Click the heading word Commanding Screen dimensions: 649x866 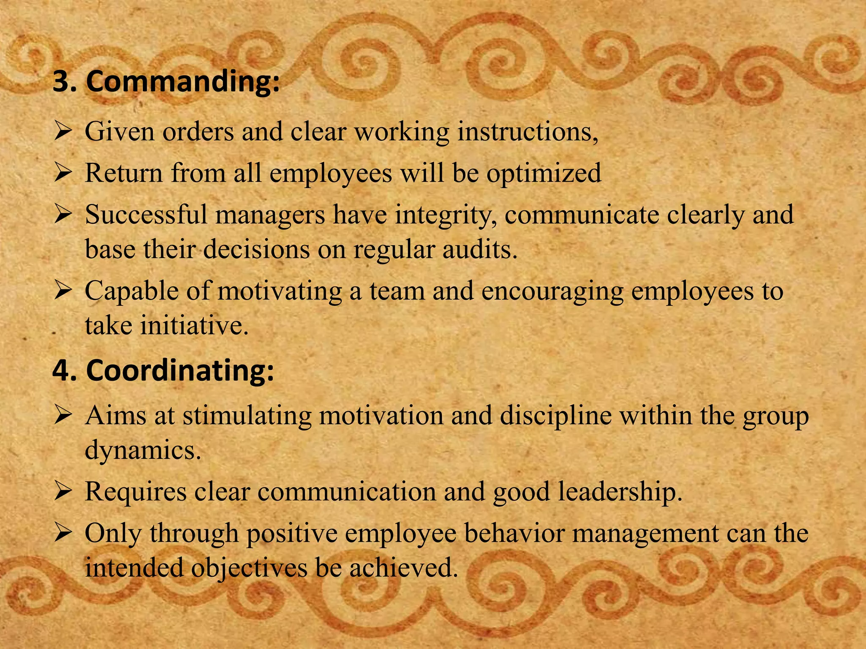coord(183,81)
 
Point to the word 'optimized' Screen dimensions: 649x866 coord(544,173)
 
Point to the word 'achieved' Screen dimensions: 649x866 coord(403,567)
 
